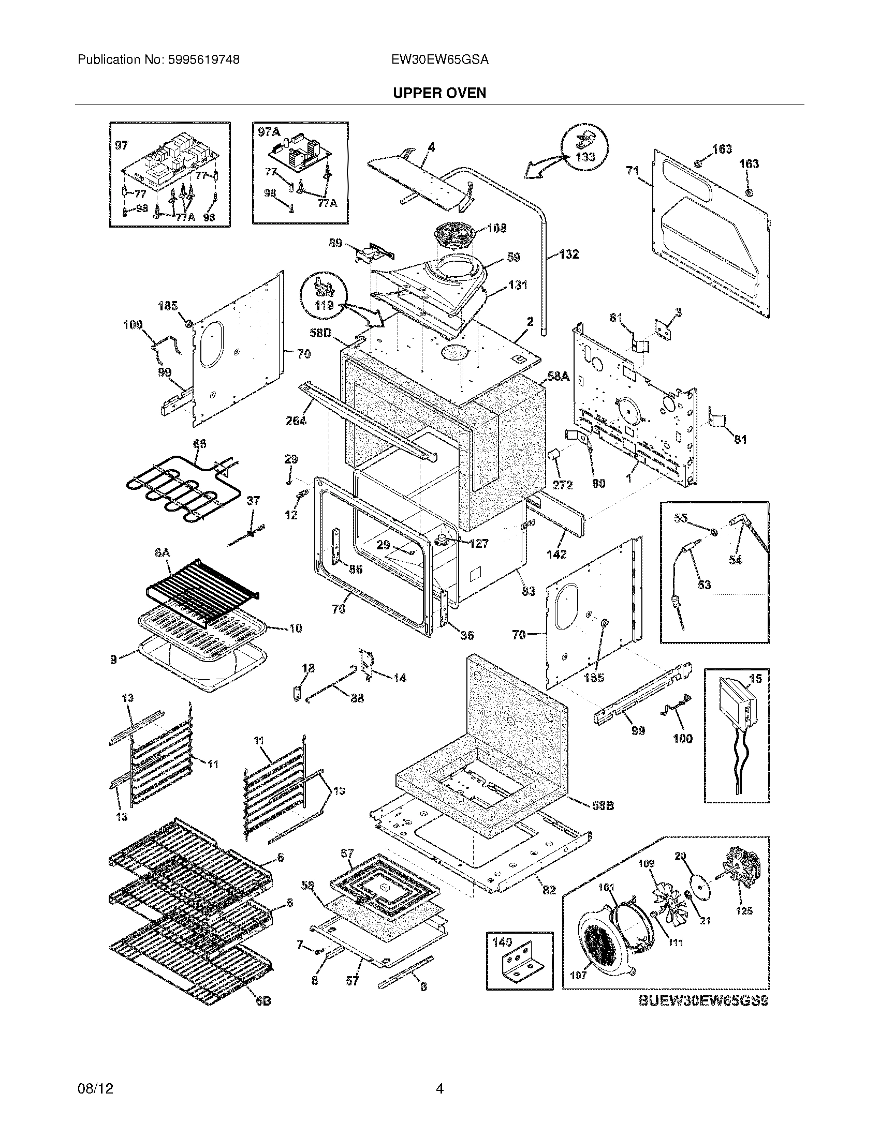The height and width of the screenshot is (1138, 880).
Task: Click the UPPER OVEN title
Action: point(439,93)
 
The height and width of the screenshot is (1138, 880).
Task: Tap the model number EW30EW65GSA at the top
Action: point(439,60)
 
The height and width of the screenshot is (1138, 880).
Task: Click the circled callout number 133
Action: point(585,156)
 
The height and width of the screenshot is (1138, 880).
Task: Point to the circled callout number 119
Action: point(324,305)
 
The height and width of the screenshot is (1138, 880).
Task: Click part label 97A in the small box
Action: point(269,132)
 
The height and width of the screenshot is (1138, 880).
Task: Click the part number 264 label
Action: point(296,421)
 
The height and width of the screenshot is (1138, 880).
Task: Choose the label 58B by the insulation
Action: point(603,805)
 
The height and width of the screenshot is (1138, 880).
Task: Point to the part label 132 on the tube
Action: point(569,255)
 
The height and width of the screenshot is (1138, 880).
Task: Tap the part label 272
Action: point(563,485)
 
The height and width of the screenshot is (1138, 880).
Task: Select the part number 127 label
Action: point(478,544)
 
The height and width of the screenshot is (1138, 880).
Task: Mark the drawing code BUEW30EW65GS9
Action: point(703,1000)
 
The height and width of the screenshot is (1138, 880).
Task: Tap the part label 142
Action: point(556,555)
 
